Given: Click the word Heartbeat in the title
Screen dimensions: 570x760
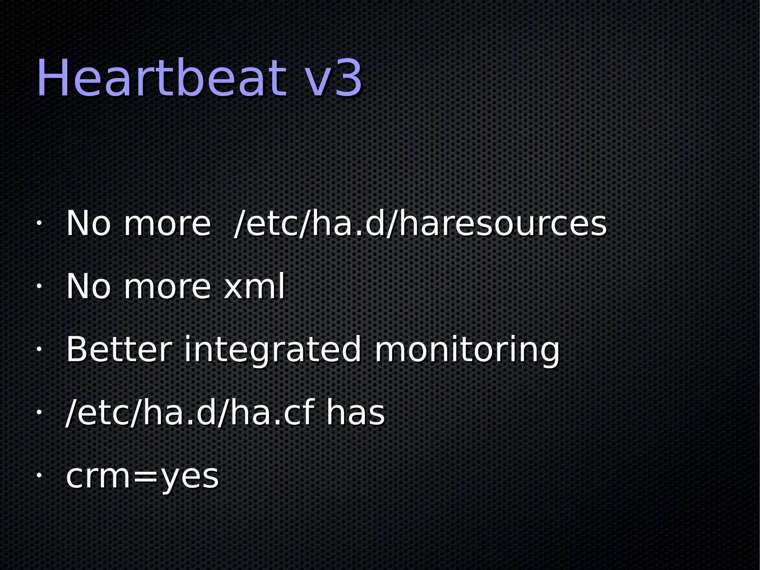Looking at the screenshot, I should point(161,79).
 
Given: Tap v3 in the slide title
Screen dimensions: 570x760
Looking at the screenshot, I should point(333,79).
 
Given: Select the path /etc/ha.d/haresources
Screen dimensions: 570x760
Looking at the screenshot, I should point(420,224).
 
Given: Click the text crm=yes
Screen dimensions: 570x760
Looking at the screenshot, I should point(142,477).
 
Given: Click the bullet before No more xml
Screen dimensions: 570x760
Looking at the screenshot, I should point(39,286).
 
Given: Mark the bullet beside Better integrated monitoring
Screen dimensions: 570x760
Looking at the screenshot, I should point(39,349).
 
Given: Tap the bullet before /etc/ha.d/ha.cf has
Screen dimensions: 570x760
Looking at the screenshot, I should point(39,413).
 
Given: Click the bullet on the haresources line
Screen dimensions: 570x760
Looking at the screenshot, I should point(39,224).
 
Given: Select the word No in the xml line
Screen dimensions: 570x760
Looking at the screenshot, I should point(88,286).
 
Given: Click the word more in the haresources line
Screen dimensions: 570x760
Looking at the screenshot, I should point(167,224).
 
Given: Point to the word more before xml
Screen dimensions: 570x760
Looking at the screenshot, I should point(167,287).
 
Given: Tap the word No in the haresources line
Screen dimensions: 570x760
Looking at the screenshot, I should point(88,224).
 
